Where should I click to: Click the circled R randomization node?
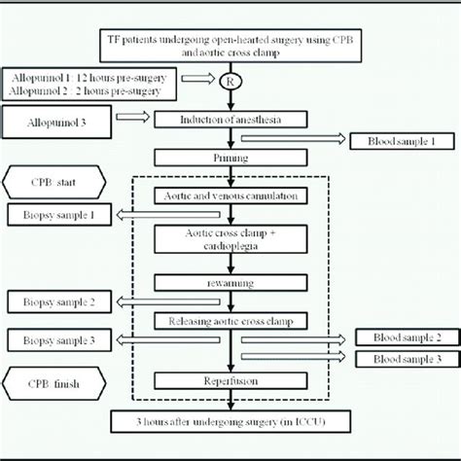point(230,82)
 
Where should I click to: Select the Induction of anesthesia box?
point(230,120)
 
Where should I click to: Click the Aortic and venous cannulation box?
point(230,195)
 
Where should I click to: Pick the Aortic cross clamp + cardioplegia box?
point(230,238)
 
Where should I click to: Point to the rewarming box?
point(230,282)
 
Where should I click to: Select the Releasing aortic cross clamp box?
point(230,319)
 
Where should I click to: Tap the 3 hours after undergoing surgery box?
point(230,421)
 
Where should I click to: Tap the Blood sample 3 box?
point(401,359)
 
